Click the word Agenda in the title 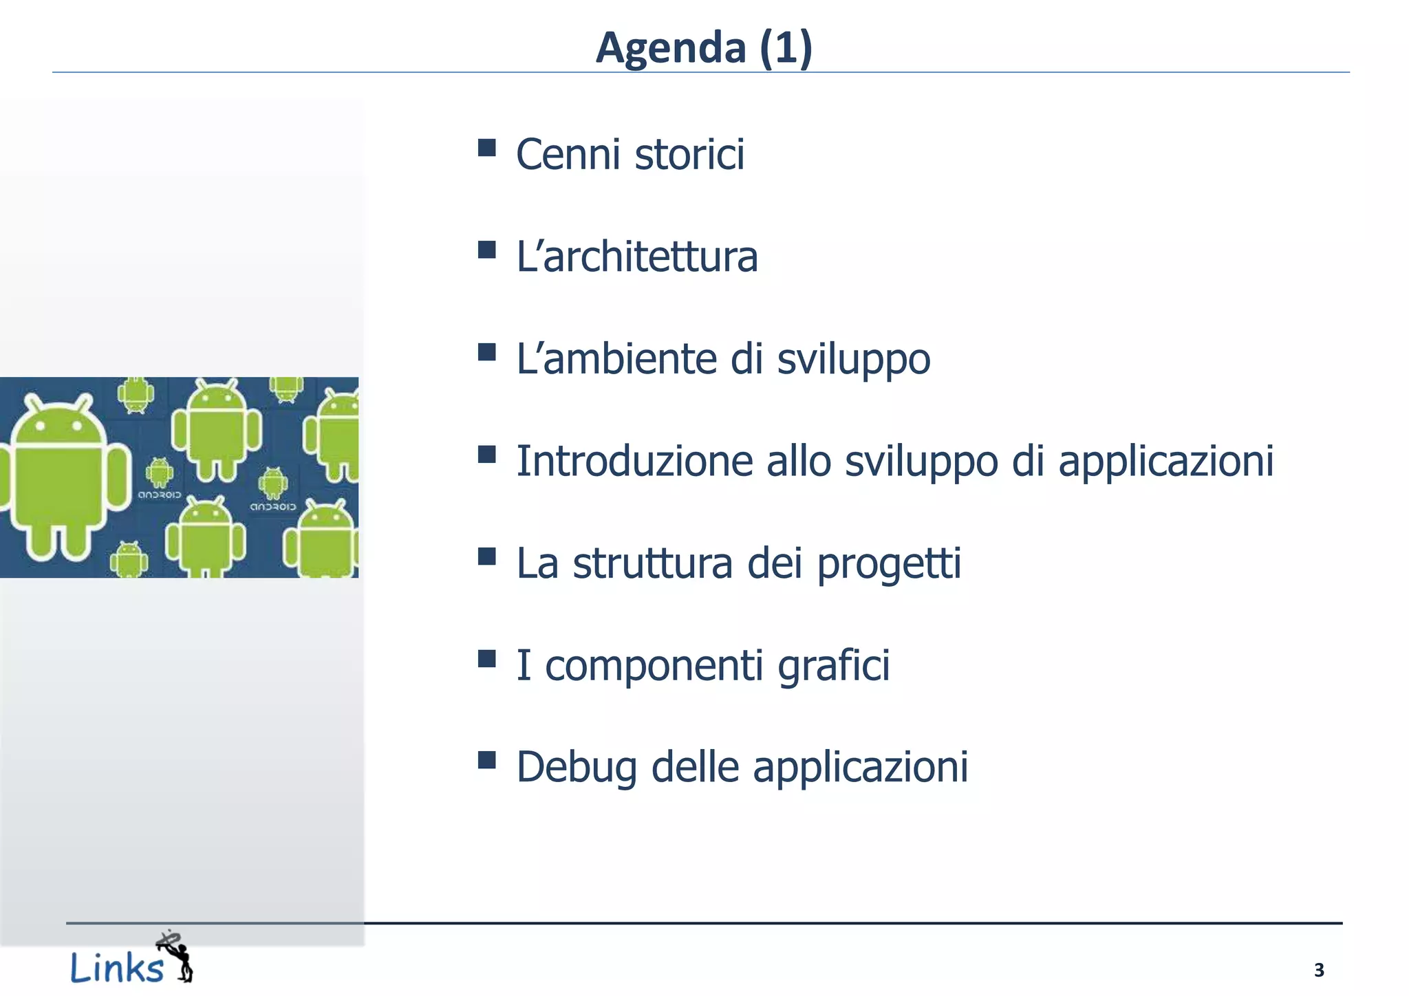pos(671,48)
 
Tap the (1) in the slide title pos(786,48)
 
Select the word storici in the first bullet pos(689,154)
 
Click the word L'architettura pos(637,257)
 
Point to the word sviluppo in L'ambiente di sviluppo pos(853,359)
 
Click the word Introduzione pos(634,461)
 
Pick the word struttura pos(652,563)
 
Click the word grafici pos(833,665)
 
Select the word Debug pos(577,768)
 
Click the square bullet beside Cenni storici pos(487,148)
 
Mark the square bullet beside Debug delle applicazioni pos(487,760)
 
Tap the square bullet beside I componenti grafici pos(487,659)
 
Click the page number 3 pos(1318,970)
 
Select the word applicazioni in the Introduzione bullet pos(1165,461)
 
